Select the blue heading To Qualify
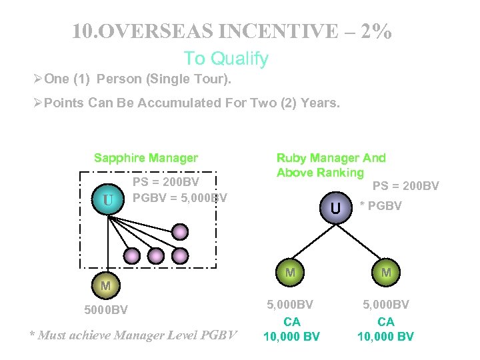pos(226,59)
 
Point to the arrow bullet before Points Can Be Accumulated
pos(37,103)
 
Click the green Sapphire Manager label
pos(145,158)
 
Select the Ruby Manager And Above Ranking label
pos(331,165)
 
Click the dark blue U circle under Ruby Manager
pos(335,209)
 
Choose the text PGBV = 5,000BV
pos(180,198)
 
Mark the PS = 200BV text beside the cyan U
pos(166,181)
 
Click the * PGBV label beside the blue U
pos(381,206)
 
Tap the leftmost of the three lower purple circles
pos(133,255)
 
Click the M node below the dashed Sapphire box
pos(105,285)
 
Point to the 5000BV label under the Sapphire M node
pos(106,310)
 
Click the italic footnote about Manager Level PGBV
pos(133,335)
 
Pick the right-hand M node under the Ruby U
pos(386,273)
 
